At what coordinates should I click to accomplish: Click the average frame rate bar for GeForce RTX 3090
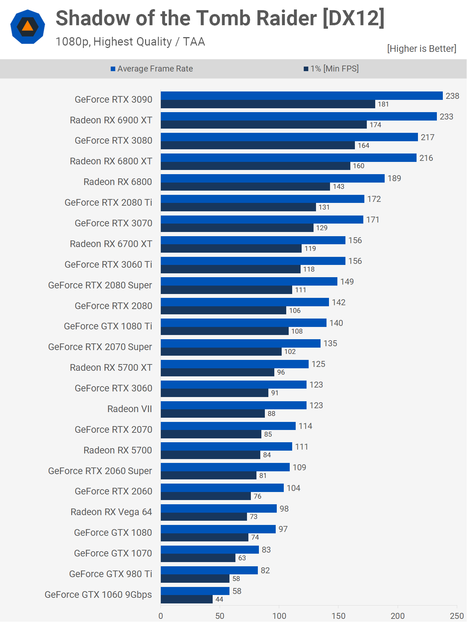click(301, 96)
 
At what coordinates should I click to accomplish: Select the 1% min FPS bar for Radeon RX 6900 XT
click(263, 125)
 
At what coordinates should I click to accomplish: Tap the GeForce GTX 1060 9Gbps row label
click(98, 595)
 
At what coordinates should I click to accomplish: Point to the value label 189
click(394, 178)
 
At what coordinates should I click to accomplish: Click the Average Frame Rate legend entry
click(152, 69)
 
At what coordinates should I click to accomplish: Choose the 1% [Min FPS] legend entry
click(331, 69)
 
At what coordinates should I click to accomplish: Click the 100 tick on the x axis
click(279, 616)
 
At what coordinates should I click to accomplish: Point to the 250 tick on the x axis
click(457, 616)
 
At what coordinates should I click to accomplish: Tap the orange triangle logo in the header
click(28, 27)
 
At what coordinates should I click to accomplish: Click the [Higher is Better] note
click(421, 48)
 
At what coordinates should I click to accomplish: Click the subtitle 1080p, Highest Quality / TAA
click(130, 42)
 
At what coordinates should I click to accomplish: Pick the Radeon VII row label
click(130, 409)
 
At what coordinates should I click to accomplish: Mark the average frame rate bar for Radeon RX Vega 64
click(219, 508)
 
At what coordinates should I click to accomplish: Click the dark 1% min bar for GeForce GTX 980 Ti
click(195, 579)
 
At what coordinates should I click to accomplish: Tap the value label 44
click(219, 599)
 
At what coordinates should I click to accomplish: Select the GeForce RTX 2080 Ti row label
click(108, 203)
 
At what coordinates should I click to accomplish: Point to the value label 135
click(330, 343)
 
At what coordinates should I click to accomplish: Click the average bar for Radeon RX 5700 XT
click(234, 364)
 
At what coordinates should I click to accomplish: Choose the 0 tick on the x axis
click(161, 616)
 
